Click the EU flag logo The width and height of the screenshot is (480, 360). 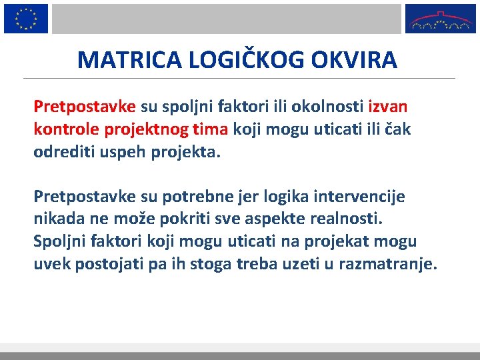pos(26,18)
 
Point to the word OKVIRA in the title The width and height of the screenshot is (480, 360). pos(353,60)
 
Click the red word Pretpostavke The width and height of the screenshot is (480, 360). pos(85,107)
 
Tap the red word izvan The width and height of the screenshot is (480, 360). pos(388,107)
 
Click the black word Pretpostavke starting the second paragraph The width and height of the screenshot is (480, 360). pos(85,197)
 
